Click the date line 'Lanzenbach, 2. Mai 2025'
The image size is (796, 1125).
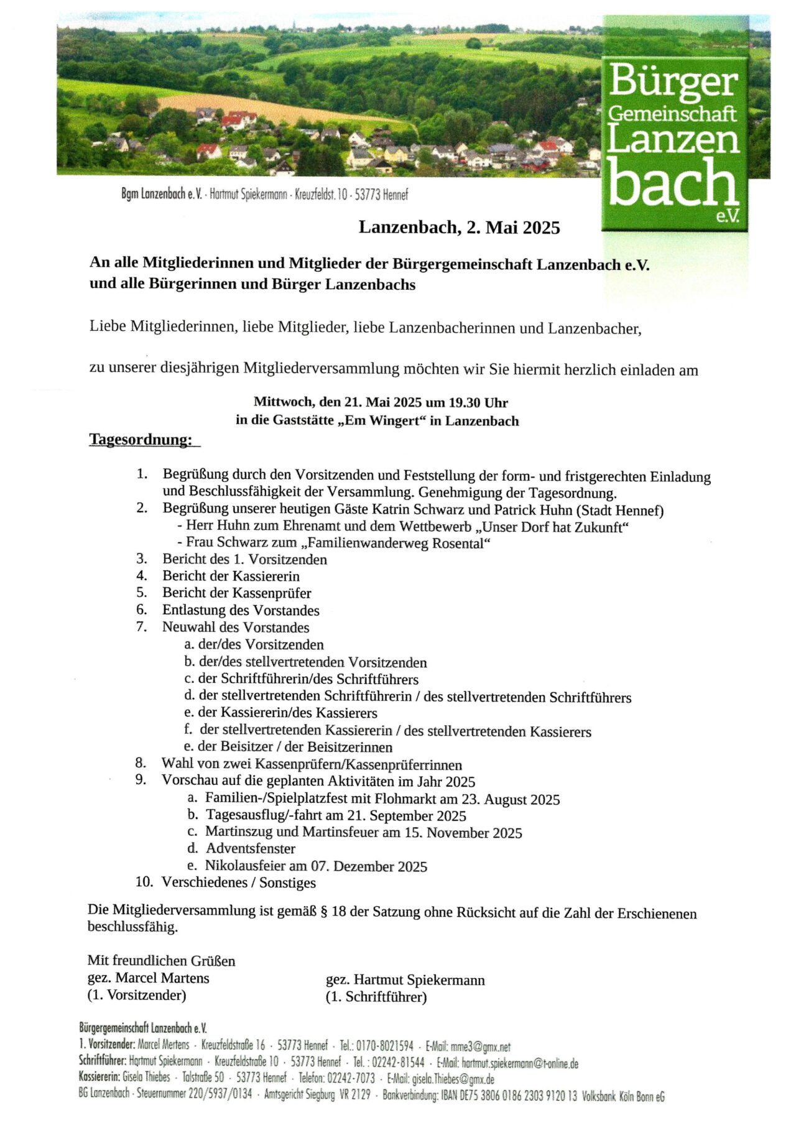click(x=459, y=228)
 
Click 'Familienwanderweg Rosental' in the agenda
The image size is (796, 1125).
click(x=396, y=544)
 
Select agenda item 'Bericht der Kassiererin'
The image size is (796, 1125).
click(x=231, y=576)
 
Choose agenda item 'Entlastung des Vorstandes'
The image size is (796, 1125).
click(x=241, y=610)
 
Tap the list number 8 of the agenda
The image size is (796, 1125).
click(x=141, y=763)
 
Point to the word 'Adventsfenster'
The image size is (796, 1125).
click(x=251, y=848)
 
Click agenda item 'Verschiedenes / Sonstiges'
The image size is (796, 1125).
click(x=239, y=882)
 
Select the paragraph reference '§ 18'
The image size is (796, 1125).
click(x=332, y=912)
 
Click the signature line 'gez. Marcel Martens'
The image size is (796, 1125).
click(x=149, y=978)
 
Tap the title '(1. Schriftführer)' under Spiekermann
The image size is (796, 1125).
click(x=376, y=998)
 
